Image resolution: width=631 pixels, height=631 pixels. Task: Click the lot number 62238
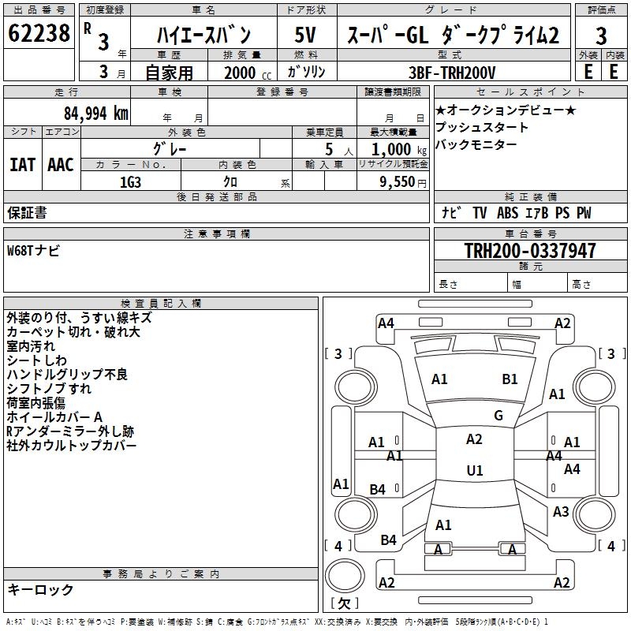pos(39,35)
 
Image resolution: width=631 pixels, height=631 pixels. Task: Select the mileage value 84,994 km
pos(95,113)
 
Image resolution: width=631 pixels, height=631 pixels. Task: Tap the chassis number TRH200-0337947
pos(530,251)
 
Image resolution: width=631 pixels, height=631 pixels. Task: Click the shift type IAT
pos(23,165)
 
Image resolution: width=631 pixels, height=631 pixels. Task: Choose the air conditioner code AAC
pos(61,165)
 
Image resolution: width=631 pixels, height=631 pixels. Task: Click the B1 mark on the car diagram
pos(510,379)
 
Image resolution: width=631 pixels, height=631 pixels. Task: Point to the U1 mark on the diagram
pos(474,471)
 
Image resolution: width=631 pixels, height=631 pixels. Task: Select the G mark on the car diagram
pos(498,416)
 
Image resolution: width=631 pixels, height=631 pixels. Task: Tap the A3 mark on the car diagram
pos(561,512)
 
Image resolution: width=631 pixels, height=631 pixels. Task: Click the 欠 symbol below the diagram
pos(344,604)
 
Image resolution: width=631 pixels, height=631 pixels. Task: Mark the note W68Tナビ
pos(33,251)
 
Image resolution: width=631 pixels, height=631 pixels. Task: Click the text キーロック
pos(40,589)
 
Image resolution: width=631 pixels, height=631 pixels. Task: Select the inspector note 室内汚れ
pos(31,346)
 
